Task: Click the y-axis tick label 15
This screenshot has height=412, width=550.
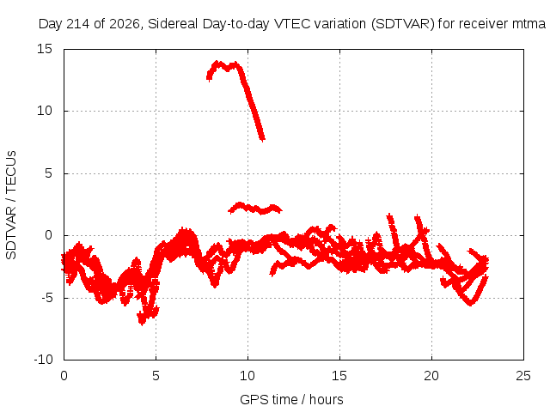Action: click(x=45, y=49)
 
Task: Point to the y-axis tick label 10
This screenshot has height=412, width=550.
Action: click(x=45, y=111)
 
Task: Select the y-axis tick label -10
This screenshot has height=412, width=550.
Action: click(x=43, y=360)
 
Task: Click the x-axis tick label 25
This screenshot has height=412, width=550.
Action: click(x=523, y=376)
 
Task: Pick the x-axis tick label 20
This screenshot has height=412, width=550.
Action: click(x=431, y=376)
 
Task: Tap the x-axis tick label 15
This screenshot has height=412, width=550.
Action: click(x=339, y=376)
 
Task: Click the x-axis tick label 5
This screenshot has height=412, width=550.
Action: click(x=156, y=376)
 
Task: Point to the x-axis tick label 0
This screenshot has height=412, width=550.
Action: click(x=64, y=376)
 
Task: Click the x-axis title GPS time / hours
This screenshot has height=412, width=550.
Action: click(x=291, y=400)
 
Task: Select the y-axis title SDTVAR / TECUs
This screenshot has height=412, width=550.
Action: click(x=11, y=205)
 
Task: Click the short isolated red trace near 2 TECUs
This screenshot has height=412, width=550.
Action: click(x=255, y=209)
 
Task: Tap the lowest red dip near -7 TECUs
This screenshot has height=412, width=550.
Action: click(x=142, y=320)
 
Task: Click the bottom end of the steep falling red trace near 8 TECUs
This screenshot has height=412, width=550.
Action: click(x=262, y=139)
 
